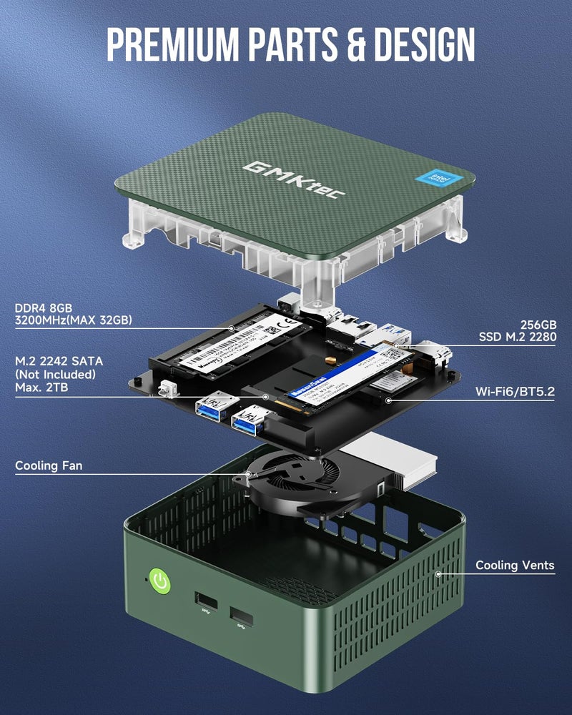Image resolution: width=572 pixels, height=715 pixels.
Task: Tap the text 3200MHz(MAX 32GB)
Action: (x=74, y=320)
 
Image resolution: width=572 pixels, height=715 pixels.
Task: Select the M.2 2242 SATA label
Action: (x=60, y=361)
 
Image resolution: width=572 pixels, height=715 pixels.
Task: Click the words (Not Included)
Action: (x=56, y=374)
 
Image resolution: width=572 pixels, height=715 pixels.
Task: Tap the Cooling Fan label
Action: (x=49, y=466)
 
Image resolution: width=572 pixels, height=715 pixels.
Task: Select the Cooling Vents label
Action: (x=515, y=566)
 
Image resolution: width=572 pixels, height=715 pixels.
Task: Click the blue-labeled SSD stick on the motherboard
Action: (x=331, y=379)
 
